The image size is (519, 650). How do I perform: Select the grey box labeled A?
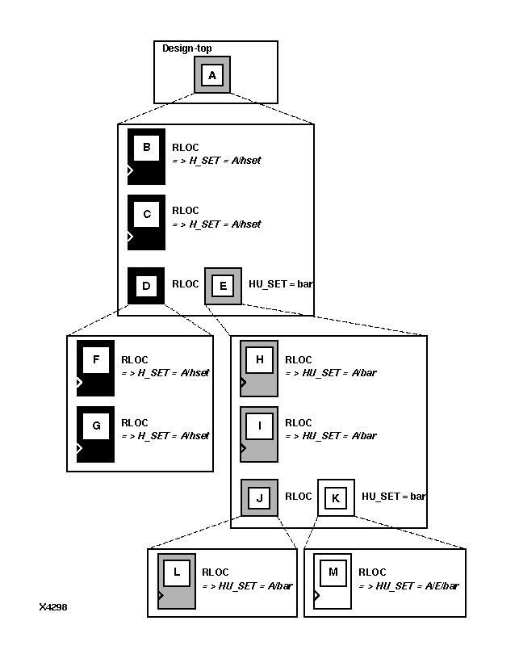coord(212,75)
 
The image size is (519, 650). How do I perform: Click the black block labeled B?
coord(146,156)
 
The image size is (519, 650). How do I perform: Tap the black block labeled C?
coord(146,222)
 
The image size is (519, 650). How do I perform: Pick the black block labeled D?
coord(146,286)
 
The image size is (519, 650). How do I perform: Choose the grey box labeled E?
coord(223,286)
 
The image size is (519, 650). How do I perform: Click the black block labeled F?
coord(95,367)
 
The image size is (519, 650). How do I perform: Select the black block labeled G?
coord(95,433)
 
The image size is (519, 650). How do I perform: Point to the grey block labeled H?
coord(259,368)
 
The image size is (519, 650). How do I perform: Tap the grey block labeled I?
coord(259,433)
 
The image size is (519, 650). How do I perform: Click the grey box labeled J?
coord(259,497)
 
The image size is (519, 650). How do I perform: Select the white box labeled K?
coord(336,497)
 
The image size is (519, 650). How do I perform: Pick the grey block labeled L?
coord(177,581)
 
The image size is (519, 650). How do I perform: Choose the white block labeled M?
coord(333,581)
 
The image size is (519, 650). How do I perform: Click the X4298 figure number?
coord(52,606)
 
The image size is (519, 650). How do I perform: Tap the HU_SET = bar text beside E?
coord(281,284)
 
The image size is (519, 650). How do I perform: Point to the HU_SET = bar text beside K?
coord(393,496)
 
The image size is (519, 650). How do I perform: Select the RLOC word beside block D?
coord(185,284)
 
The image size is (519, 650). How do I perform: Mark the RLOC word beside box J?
coord(298,496)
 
